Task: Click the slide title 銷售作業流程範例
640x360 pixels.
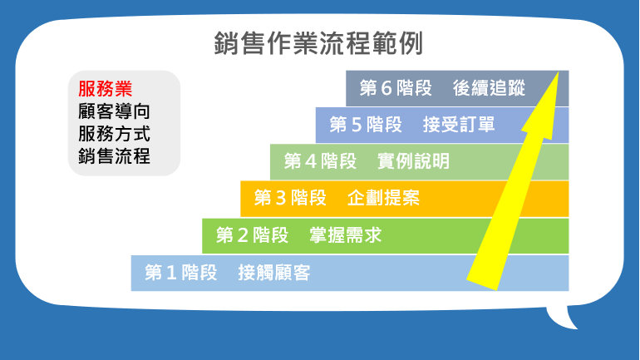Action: [x=318, y=43]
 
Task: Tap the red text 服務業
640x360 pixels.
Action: [x=106, y=89]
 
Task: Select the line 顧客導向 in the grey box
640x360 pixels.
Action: [x=115, y=111]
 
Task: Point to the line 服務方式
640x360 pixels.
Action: [x=115, y=134]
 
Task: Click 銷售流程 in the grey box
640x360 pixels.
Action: [x=115, y=156]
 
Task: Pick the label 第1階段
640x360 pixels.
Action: [x=181, y=273]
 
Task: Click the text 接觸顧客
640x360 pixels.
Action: [x=274, y=273]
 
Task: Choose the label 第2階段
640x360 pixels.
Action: [x=252, y=235]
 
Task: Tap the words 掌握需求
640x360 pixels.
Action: [x=345, y=235]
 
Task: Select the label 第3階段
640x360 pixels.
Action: [x=290, y=198]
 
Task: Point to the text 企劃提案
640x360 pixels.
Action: [x=384, y=198]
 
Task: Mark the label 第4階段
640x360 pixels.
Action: [x=320, y=161]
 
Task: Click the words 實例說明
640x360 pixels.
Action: [x=413, y=161]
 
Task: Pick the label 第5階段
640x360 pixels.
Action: [x=366, y=125]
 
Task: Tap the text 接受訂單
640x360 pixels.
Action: [x=459, y=125]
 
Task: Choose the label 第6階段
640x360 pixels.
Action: [x=396, y=88]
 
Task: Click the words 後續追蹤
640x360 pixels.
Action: [x=489, y=88]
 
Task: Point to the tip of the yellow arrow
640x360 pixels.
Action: [x=558, y=72]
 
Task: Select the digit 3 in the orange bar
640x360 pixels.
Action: [x=280, y=198]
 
